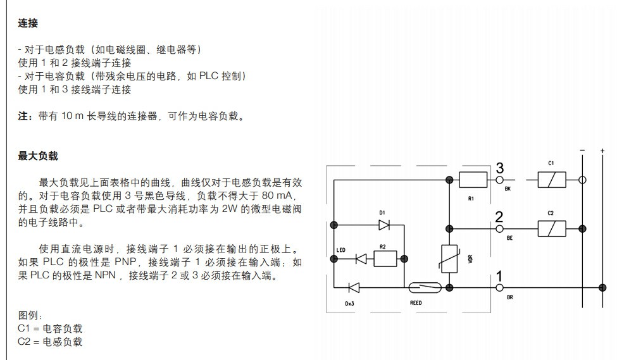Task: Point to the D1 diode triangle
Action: click(x=383, y=224)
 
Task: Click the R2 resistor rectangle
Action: click(x=385, y=258)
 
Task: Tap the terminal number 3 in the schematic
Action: click(x=499, y=169)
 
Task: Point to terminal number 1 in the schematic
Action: click(x=499, y=276)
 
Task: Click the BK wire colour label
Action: click(x=508, y=189)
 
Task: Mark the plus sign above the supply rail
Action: click(x=602, y=151)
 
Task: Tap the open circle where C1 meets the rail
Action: click(x=583, y=180)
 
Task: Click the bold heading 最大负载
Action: click(x=37, y=156)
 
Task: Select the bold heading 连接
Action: click(x=28, y=23)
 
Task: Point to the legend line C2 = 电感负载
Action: click(x=50, y=342)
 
